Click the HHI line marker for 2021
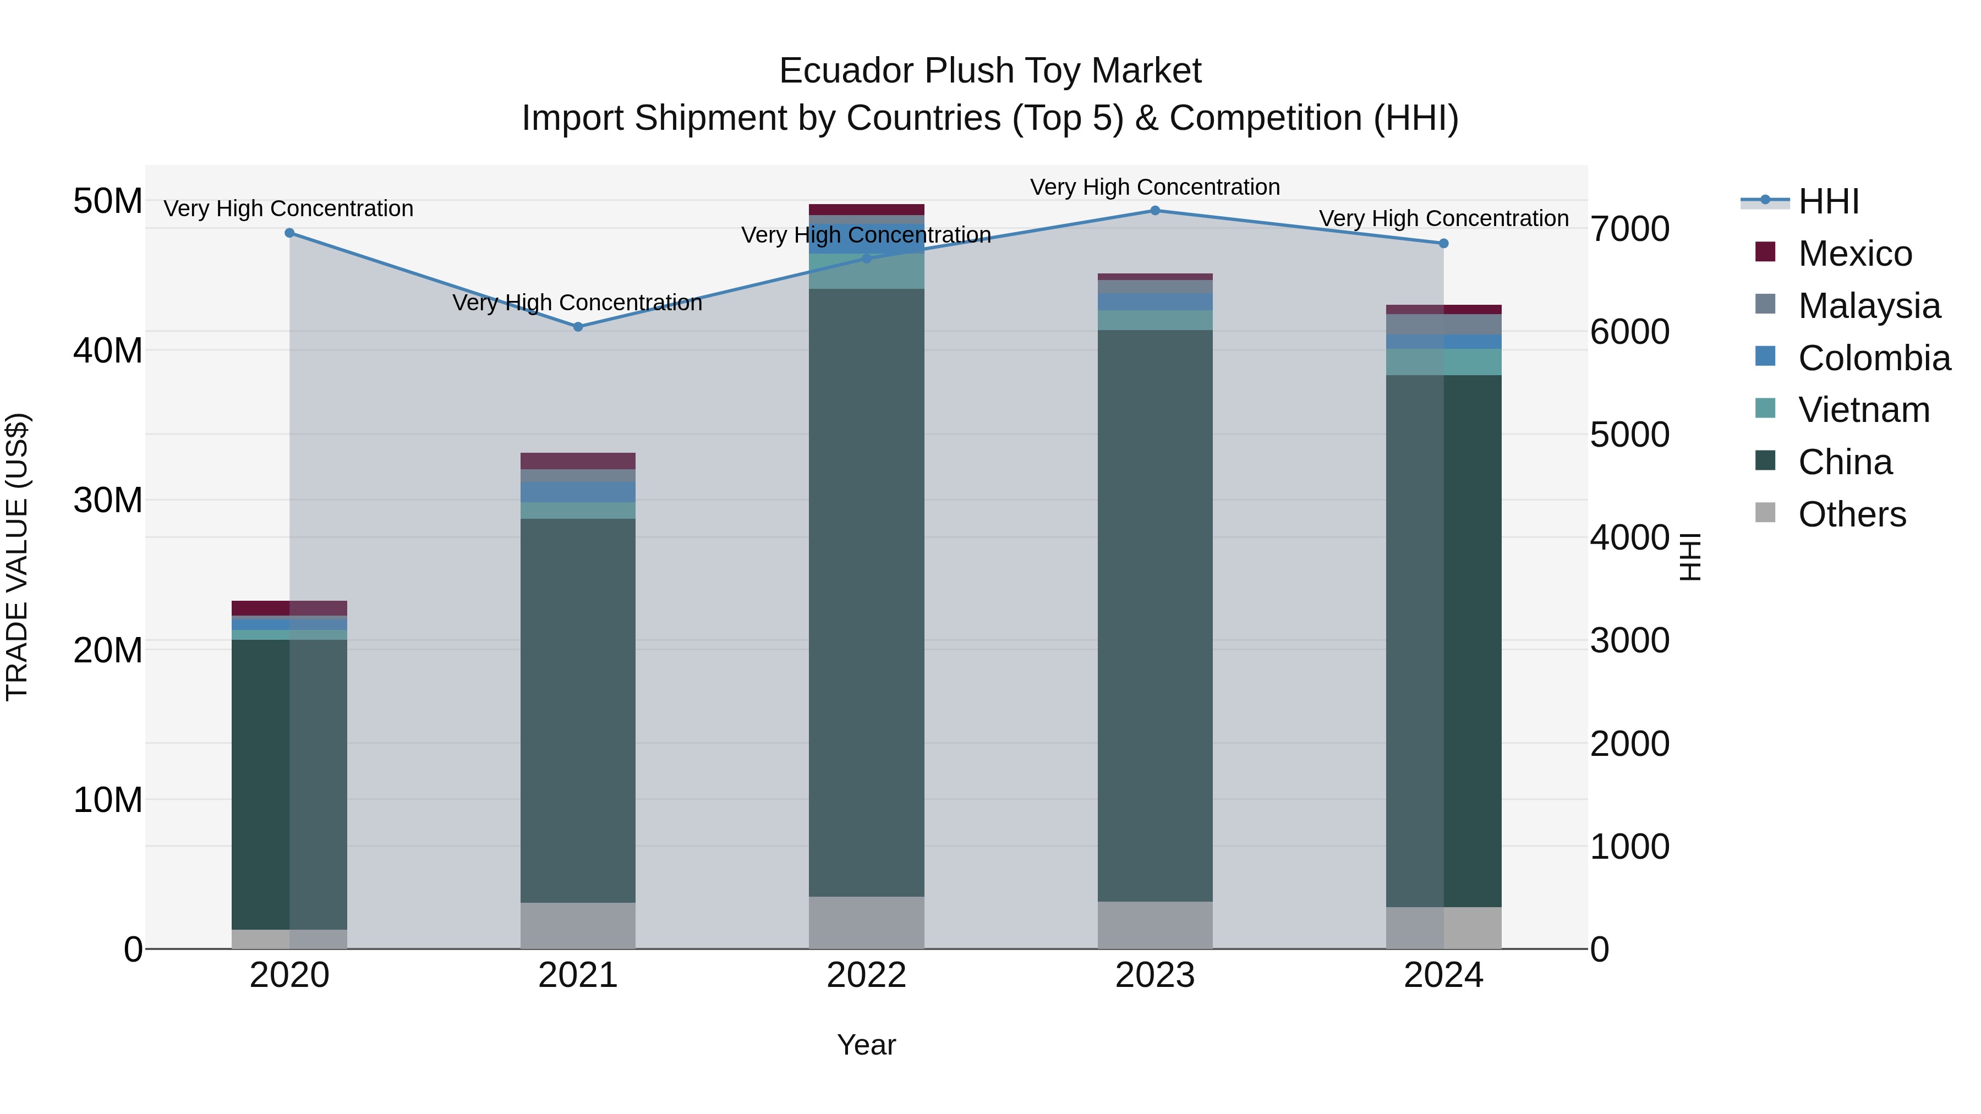click(x=578, y=327)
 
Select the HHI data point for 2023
click(x=1154, y=211)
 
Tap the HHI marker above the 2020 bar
click(x=290, y=233)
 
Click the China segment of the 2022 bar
click(x=866, y=592)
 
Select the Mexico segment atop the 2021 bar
click(x=578, y=462)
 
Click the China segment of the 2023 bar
click(x=1154, y=615)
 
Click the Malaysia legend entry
click(x=1869, y=306)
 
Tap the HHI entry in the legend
click(x=1828, y=201)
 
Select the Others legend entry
click(x=1852, y=514)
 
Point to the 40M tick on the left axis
click(x=108, y=350)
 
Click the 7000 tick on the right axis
click(x=1629, y=229)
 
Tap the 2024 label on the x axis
click(x=1443, y=975)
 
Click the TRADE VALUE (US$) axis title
click(x=17, y=557)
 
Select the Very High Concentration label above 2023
click(x=1154, y=187)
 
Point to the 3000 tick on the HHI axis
click(x=1629, y=640)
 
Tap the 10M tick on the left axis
click(x=108, y=799)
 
